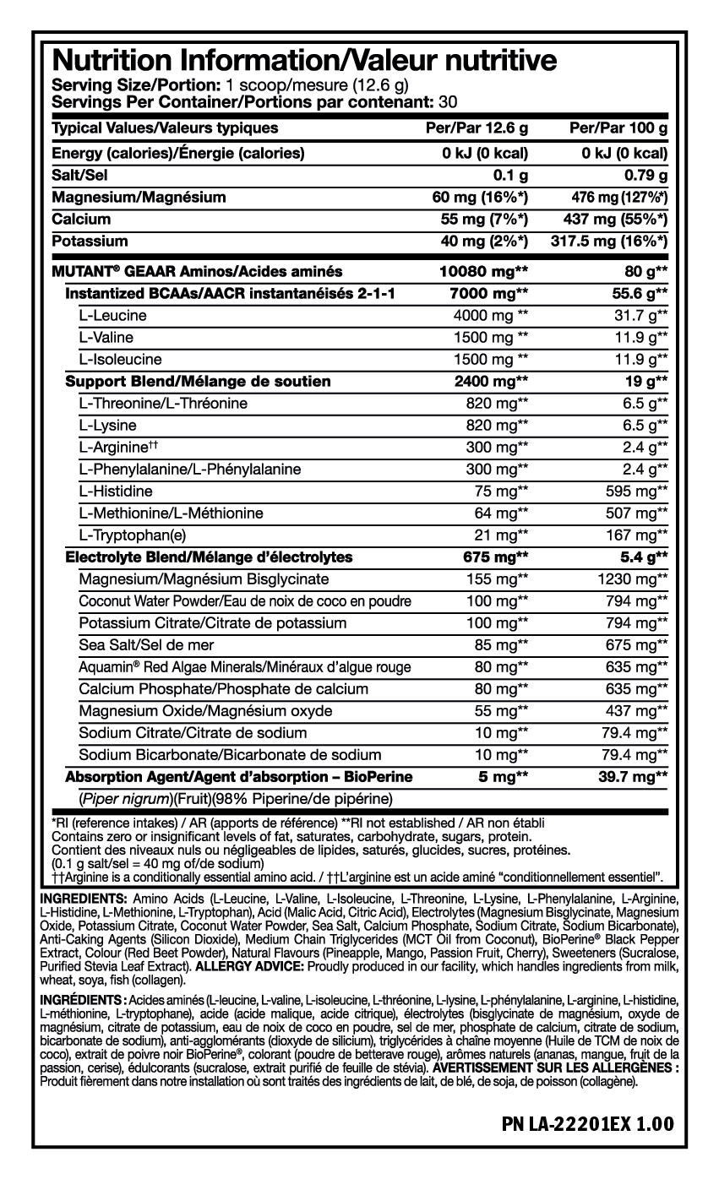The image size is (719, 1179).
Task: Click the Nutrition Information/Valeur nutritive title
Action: click(304, 61)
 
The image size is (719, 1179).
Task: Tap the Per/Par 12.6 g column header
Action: click(479, 128)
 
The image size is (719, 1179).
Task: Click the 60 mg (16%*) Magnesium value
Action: click(480, 197)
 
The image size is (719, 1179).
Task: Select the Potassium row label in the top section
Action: click(90, 241)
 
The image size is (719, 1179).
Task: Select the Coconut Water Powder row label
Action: click(245, 601)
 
